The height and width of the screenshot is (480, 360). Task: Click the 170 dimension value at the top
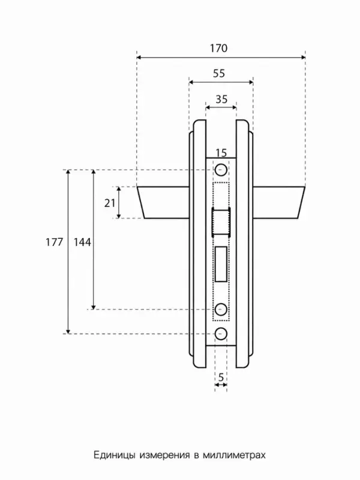point(218,48)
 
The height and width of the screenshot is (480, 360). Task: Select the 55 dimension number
point(219,73)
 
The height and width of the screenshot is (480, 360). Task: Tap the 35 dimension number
point(221,99)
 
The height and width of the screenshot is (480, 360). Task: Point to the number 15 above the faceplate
point(221,153)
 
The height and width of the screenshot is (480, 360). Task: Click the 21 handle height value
point(110,203)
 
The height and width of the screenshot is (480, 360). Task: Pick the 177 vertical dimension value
point(54,242)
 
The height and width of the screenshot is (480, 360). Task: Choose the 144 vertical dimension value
point(82,242)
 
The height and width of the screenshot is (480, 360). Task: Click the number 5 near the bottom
point(221,377)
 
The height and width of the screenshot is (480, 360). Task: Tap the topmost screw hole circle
point(221,170)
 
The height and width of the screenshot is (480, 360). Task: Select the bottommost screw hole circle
point(221,334)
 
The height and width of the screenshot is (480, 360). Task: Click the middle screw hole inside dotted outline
point(221,310)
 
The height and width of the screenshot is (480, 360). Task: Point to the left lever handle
point(163,202)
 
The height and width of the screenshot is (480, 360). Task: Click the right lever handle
point(279,202)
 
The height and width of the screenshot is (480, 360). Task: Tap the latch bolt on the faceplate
point(221,222)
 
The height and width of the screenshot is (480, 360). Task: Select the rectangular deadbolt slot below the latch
point(221,264)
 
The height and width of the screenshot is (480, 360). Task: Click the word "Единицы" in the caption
point(115,455)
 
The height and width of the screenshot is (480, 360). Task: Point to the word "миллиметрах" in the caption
point(234,455)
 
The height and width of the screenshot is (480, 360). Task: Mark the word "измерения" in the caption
point(164,455)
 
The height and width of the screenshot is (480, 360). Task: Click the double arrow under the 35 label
point(221,107)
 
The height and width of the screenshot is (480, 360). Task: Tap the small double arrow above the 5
point(221,385)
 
